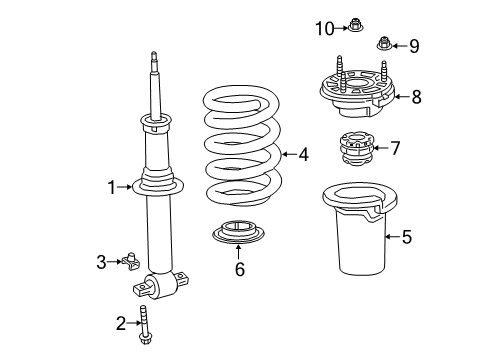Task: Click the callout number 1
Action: (x=114, y=185)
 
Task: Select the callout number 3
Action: (x=101, y=262)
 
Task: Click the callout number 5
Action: (x=406, y=238)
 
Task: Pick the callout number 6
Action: (x=238, y=269)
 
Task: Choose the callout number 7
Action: (x=395, y=148)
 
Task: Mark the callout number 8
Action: (x=416, y=96)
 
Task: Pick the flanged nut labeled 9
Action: (x=384, y=43)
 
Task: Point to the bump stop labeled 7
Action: (x=355, y=150)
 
